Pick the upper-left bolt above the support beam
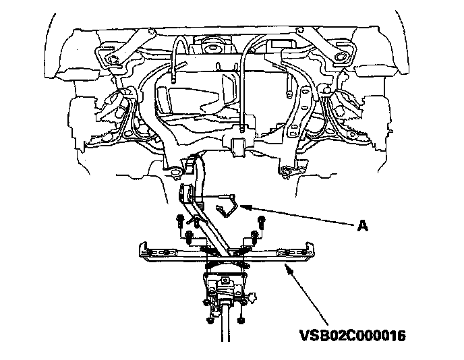click(x=180, y=220)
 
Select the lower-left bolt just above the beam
click(x=190, y=236)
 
